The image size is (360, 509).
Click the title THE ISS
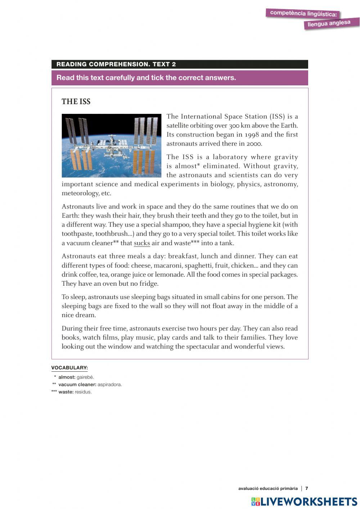76,102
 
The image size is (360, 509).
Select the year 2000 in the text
254,144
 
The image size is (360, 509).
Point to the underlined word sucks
142,243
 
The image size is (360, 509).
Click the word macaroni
167,266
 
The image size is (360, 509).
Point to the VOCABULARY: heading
69,368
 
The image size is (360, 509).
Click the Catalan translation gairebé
85,377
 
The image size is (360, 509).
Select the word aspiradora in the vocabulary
110,385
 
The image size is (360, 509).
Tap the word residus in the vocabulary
83,392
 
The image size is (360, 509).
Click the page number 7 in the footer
307,488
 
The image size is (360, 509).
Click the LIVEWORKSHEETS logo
304,501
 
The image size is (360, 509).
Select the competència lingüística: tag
303,14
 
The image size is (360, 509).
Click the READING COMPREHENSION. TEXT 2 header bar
180,64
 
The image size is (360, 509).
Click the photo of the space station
112,146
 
